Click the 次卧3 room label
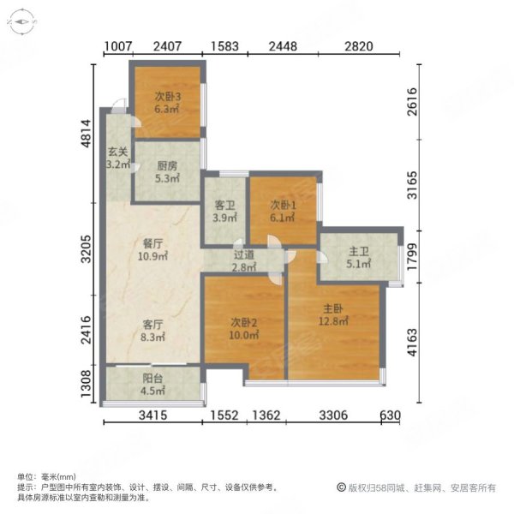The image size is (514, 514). (x=166, y=97)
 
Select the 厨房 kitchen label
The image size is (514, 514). (x=166, y=167)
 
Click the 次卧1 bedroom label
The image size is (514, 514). (x=283, y=206)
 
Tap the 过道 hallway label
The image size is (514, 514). (x=243, y=254)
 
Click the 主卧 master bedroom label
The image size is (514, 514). (x=334, y=308)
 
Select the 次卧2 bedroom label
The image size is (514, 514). (x=244, y=322)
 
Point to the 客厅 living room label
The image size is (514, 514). (x=153, y=325)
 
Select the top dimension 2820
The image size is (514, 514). (x=359, y=48)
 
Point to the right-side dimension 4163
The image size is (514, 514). (x=414, y=341)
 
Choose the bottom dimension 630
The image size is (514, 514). (x=390, y=416)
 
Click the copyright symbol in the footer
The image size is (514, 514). (x=341, y=487)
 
